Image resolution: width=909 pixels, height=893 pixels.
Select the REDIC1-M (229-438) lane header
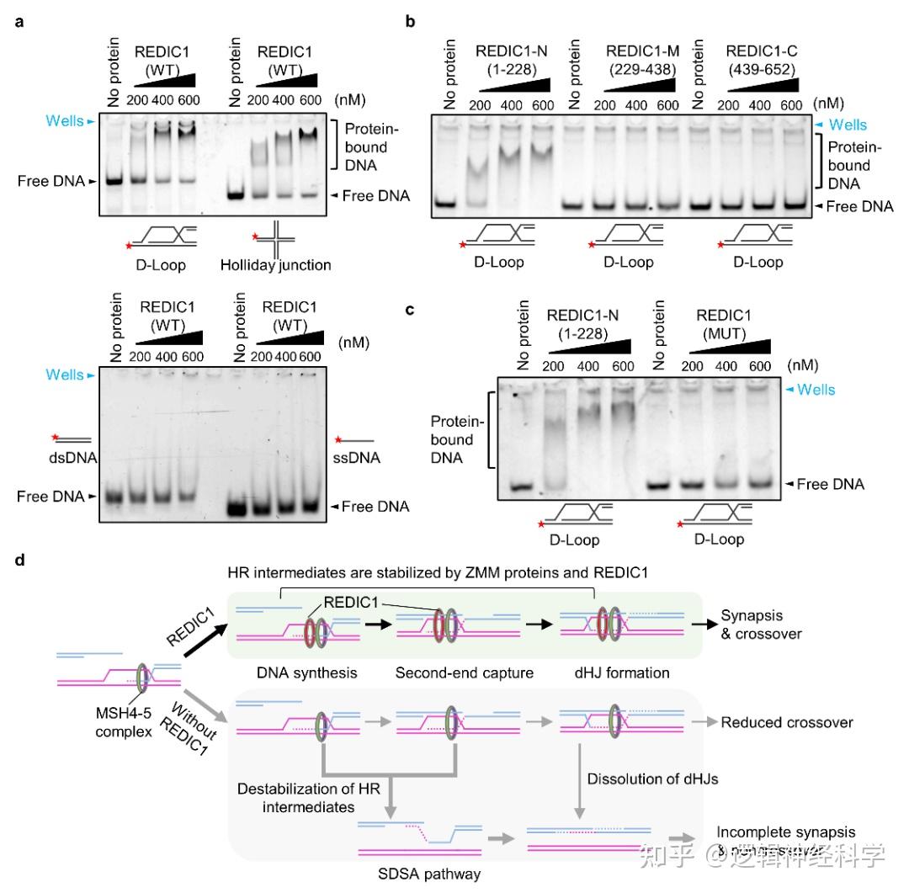coord(639,61)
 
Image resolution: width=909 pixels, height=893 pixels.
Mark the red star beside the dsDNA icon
coord(56,437)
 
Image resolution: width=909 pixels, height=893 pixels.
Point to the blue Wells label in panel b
coord(845,125)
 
